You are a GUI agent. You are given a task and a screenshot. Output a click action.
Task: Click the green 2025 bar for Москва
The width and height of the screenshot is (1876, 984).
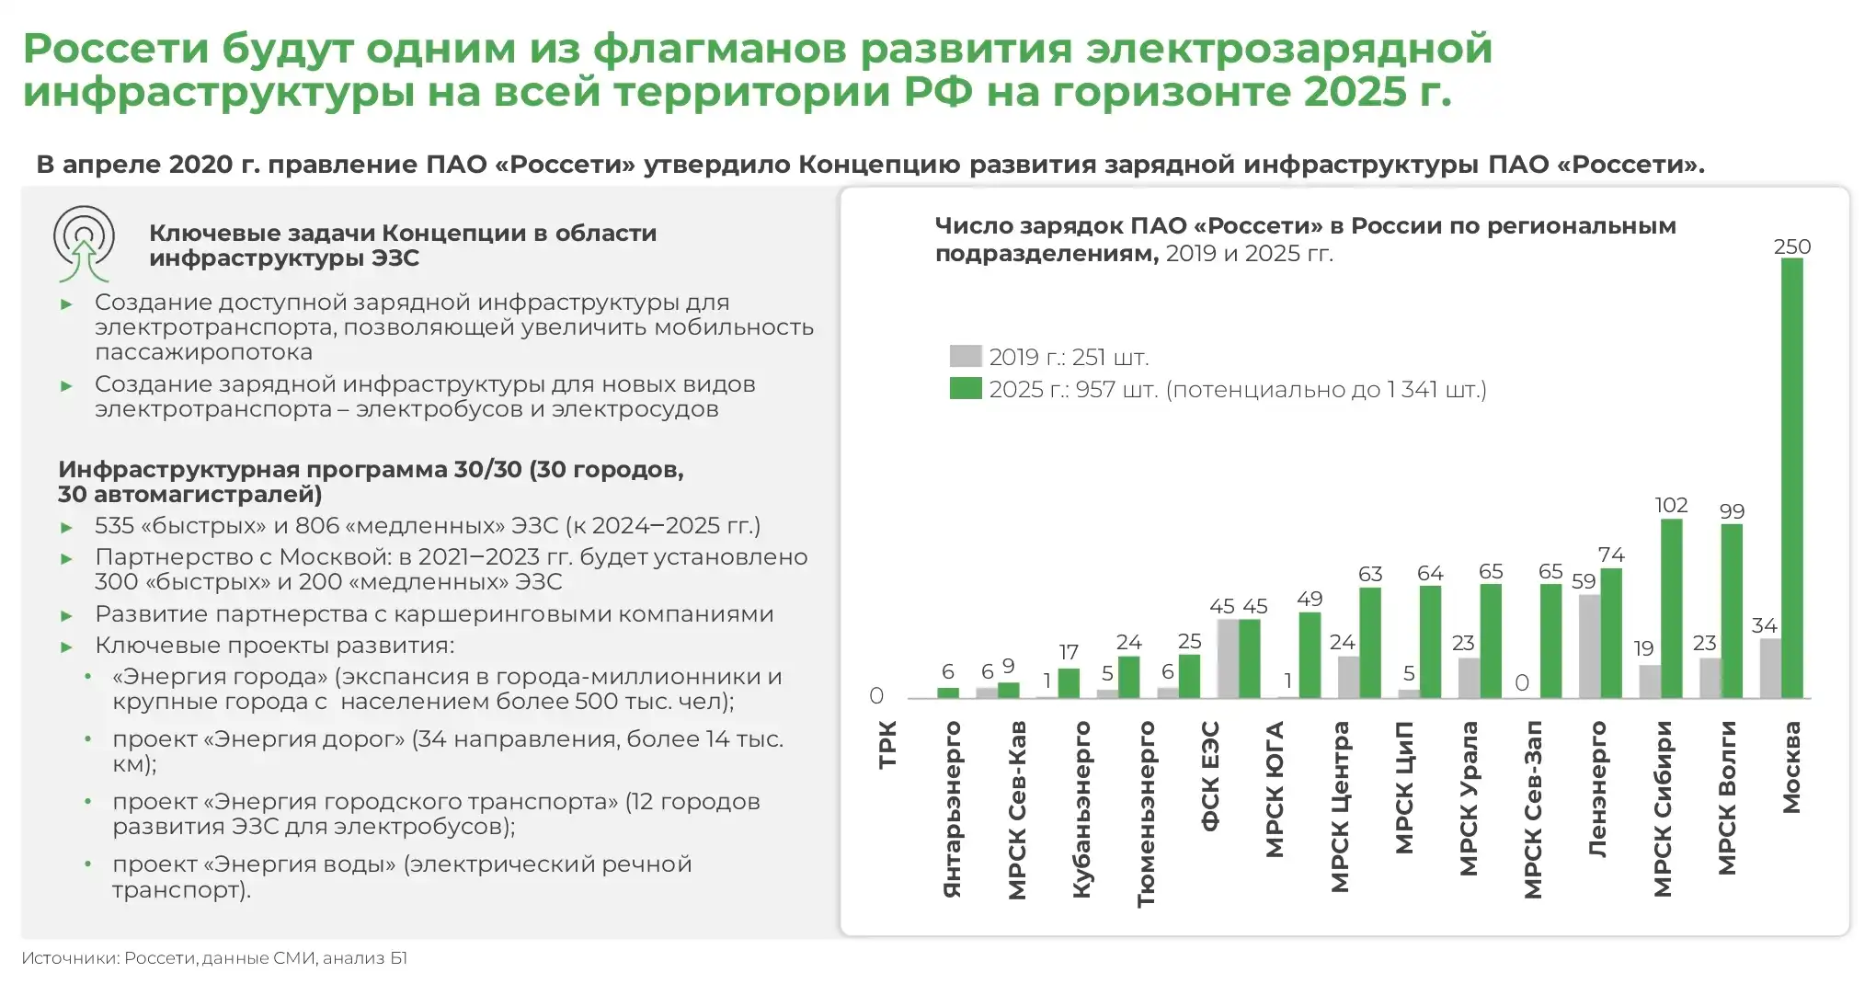pos(1791,478)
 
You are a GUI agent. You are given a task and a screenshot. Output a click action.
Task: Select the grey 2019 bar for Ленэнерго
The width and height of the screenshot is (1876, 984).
pos(1589,646)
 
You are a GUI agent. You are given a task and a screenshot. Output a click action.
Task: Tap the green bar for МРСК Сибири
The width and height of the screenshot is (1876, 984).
pos(1671,609)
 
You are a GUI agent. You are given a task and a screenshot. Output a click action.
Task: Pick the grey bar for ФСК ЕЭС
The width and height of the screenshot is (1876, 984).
pos(1228,658)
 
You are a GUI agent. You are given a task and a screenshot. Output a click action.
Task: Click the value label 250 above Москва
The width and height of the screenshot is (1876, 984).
pos(1791,246)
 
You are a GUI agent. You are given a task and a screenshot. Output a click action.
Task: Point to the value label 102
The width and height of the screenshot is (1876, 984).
pos(1671,505)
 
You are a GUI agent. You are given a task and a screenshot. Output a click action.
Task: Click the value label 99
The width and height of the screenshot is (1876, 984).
pos(1732,510)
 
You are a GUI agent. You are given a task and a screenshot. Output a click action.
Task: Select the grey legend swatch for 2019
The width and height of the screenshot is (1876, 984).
pos(965,356)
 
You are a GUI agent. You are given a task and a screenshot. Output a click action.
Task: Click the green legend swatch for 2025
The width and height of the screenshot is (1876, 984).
pos(965,388)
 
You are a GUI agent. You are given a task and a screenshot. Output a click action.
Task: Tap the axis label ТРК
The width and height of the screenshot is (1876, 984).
pos(887,744)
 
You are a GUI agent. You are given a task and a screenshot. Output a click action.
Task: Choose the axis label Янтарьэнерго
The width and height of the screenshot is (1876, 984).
pos(952,809)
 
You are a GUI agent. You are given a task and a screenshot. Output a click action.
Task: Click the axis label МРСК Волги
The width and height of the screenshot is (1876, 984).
pos(1727,797)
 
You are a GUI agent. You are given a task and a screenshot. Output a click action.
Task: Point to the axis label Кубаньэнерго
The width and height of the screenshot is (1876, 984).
pos(1081,809)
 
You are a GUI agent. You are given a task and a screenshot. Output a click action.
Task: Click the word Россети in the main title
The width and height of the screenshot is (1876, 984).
pos(116,49)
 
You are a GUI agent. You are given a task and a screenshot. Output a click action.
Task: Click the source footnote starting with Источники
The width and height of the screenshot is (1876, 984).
pos(214,958)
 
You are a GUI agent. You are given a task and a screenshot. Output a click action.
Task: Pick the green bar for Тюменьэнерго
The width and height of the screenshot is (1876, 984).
pos(1128,677)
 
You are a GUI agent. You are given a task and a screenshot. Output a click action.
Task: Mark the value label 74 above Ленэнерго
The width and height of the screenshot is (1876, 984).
pos(1611,555)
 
